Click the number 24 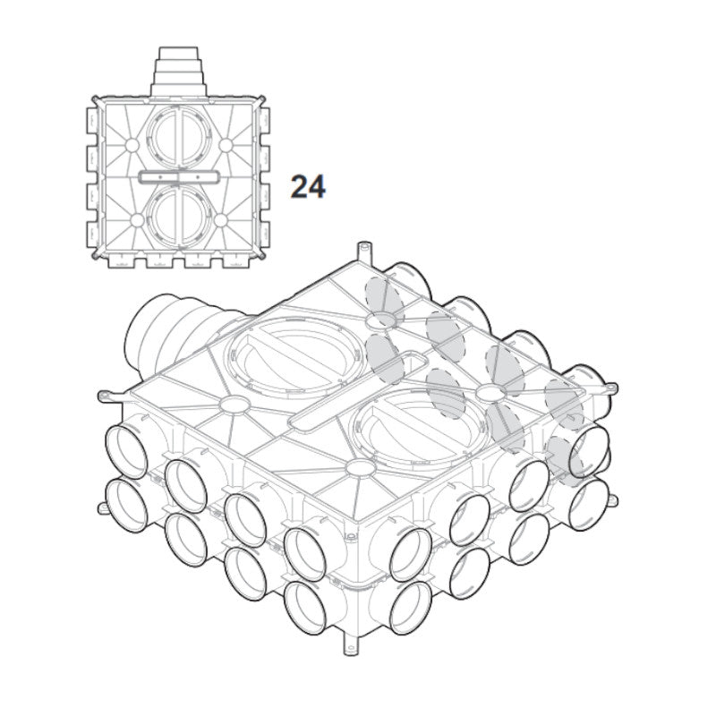tap(308, 187)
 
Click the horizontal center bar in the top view tap(179, 176)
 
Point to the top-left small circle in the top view tap(131, 145)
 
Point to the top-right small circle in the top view tap(226, 145)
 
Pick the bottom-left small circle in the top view tap(137, 220)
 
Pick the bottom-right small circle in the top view tap(220, 220)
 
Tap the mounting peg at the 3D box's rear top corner tap(363, 251)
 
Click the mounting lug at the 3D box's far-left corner tap(108, 395)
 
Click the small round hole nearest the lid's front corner tap(361, 468)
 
